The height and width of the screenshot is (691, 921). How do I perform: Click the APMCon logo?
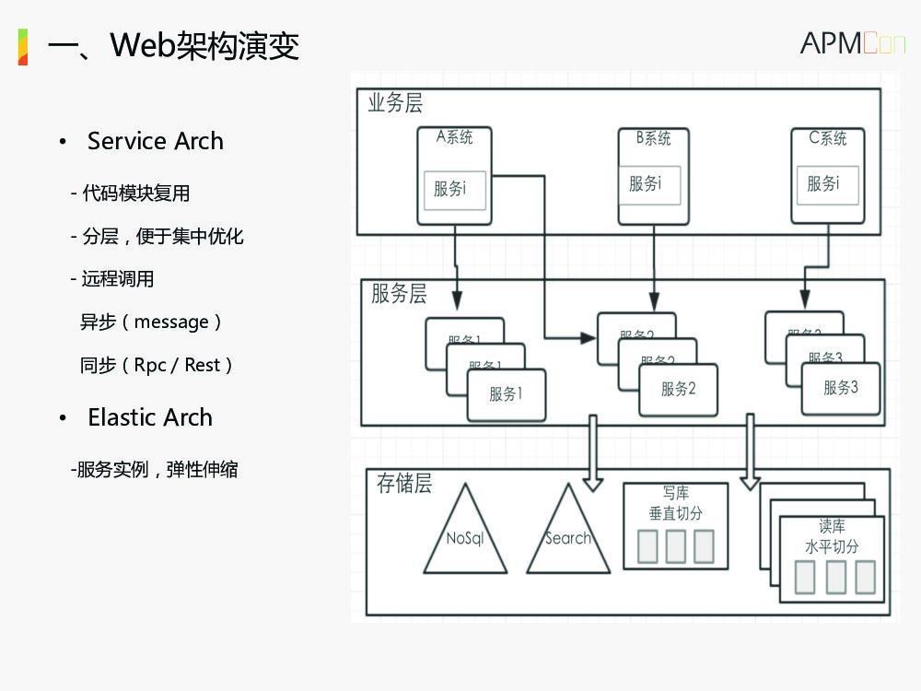coord(852,42)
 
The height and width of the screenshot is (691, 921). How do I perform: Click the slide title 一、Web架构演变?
coord(173,45)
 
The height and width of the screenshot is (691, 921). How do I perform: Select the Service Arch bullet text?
coord(155,141)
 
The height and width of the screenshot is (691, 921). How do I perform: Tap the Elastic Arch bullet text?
coord(149,417)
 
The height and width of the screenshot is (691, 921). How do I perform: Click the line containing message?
coord(150,322)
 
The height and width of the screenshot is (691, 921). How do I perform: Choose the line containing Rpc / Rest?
coord(156,365)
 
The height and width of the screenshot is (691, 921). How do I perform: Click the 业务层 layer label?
coord(395,103)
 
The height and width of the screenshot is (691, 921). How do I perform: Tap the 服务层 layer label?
coord(399,294)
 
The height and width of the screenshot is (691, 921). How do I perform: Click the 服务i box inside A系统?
coord(454,190)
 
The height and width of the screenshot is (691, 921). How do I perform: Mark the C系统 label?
coord(827,138)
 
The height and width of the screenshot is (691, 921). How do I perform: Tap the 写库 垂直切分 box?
coord(675,525)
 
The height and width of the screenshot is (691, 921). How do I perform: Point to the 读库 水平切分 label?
coord(832,536)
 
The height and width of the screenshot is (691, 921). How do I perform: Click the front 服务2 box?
coord(678,389)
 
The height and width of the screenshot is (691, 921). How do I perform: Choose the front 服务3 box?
coord(840,388)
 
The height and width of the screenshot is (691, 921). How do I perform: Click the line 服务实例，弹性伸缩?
coord(155,469)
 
